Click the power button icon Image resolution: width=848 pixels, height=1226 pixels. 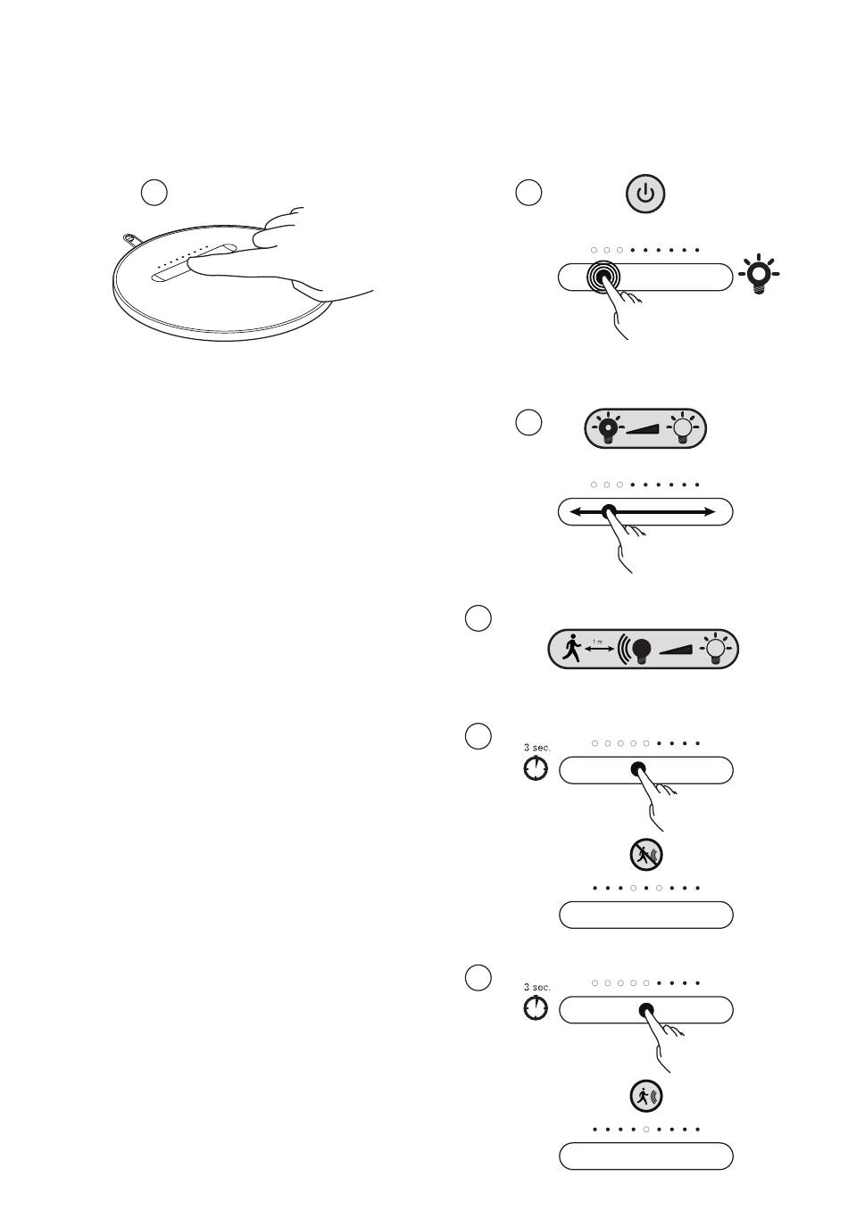pos(644,194)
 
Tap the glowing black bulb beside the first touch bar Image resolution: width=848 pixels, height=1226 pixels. pos(758,274)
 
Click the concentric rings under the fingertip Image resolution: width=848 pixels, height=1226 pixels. pos(603,278)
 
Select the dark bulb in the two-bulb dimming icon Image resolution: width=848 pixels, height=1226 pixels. pos(608,428)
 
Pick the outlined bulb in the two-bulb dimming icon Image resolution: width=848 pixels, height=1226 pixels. pos(682,427)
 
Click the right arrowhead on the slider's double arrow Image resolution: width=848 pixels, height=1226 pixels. pos(709,512)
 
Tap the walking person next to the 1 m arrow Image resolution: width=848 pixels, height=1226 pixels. pos(571,648)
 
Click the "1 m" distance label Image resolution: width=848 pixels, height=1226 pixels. pos(598,641)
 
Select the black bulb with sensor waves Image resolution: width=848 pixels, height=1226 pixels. pos(636,649)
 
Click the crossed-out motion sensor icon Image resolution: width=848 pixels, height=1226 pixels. pos(646,854)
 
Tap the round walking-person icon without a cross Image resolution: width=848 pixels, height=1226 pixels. pos(646,1096)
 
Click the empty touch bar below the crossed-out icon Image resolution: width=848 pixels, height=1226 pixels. pos(646,915)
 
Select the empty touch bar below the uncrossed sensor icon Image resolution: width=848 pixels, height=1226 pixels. pos(646,1156)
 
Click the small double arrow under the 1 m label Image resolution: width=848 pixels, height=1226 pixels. pos(599,649)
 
